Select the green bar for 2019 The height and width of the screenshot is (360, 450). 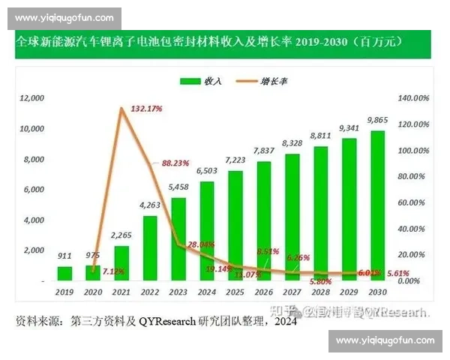coord(65,273)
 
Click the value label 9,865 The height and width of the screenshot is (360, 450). coord(377,120)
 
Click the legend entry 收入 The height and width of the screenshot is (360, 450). coord(204,80)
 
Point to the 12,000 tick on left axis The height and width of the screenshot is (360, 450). coord(32,98)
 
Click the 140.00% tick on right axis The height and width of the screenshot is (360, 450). coord(412,98)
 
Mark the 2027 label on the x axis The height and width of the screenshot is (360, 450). coord(292,291)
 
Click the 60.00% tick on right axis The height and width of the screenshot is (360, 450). coord(412,202)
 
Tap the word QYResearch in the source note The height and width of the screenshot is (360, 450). coord(166,322)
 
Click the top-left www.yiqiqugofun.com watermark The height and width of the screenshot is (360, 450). coord(64,17)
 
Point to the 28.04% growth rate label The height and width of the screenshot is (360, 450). coord(202,244)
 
